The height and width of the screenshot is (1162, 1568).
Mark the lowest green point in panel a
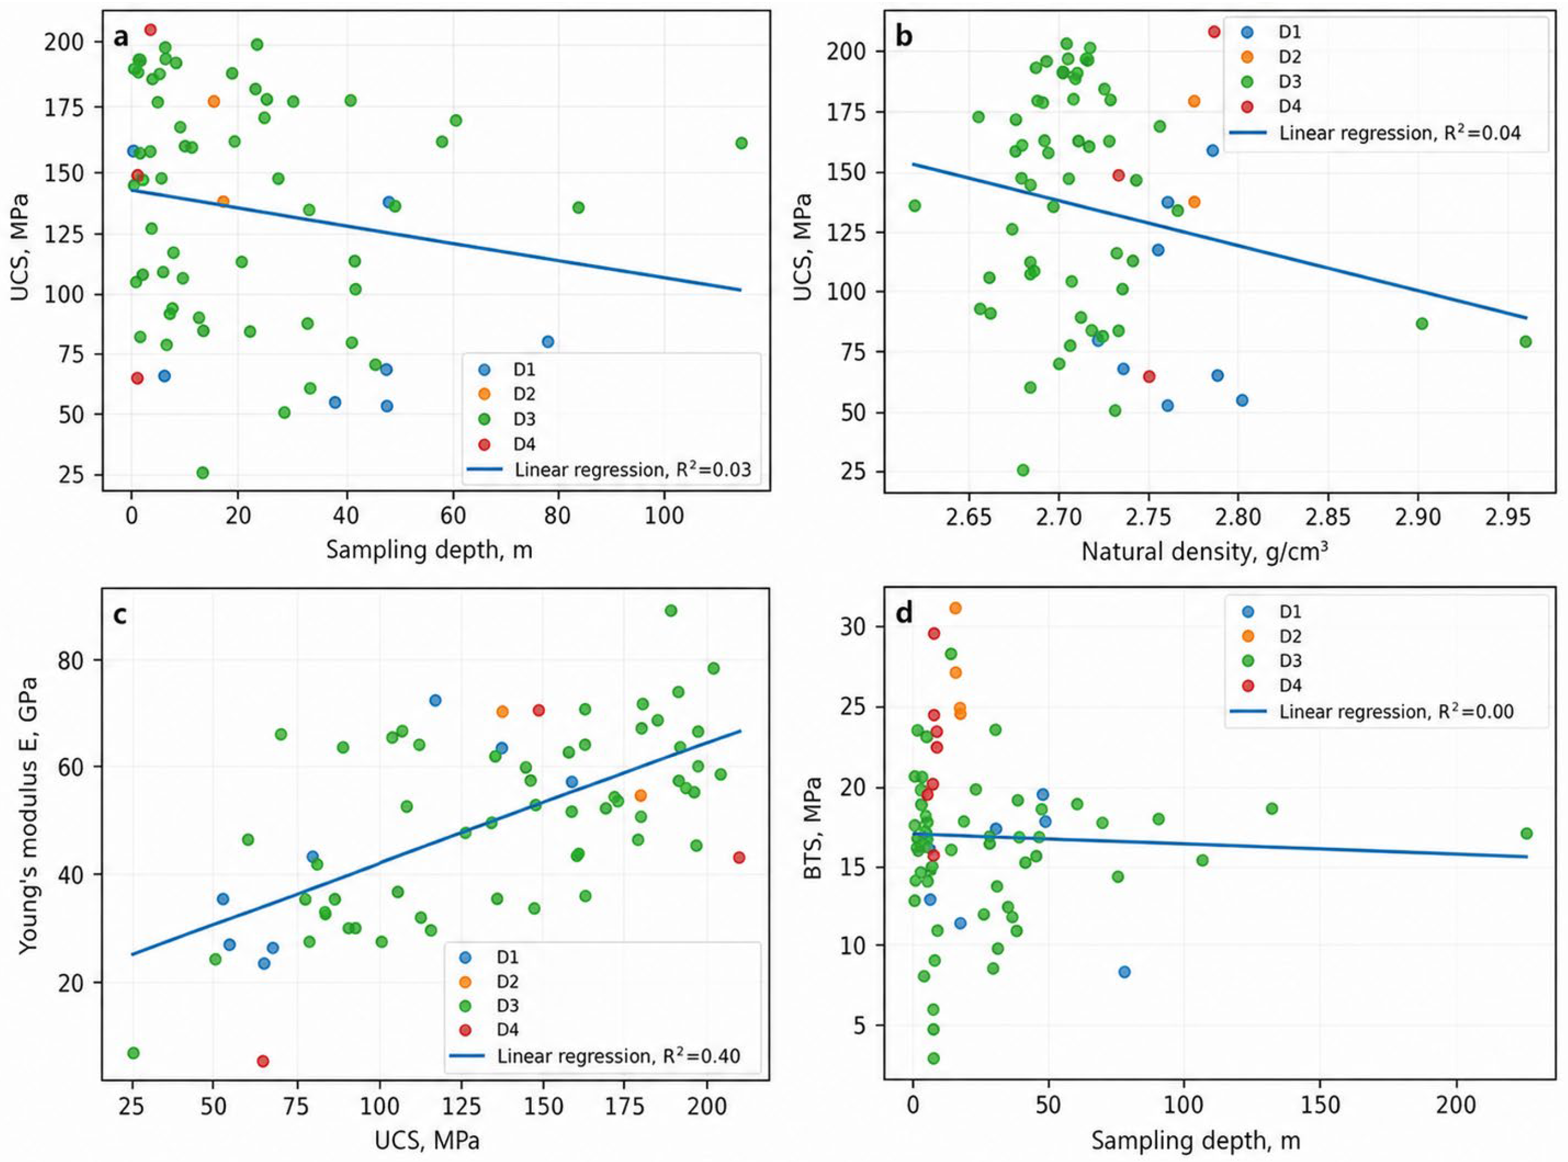203,472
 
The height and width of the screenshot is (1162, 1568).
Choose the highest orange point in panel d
955,608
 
